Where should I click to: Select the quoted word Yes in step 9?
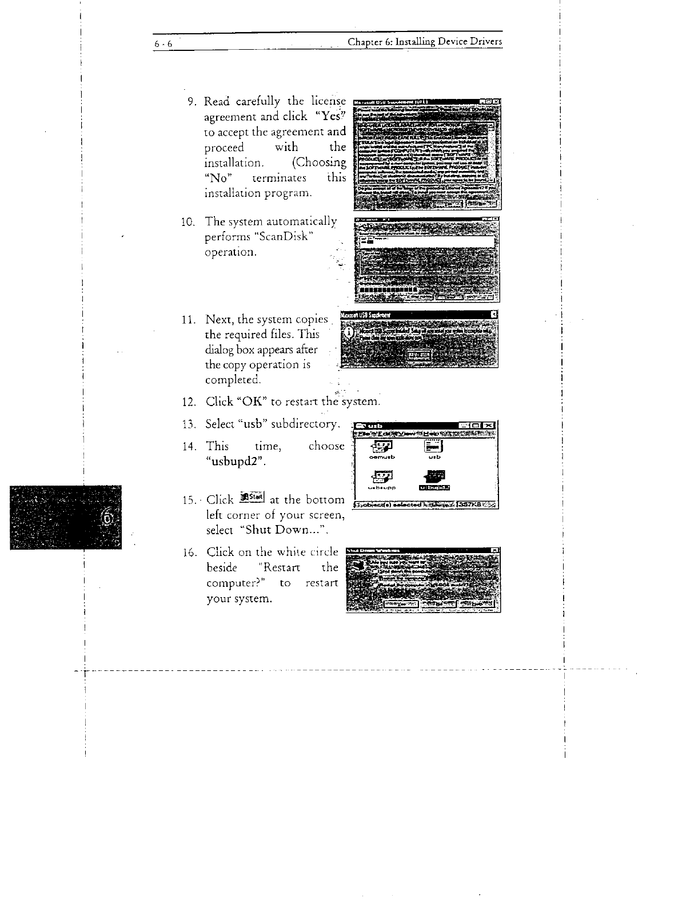pos(331,116)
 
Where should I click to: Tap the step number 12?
pos(190,402)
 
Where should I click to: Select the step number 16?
pos(190,553)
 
